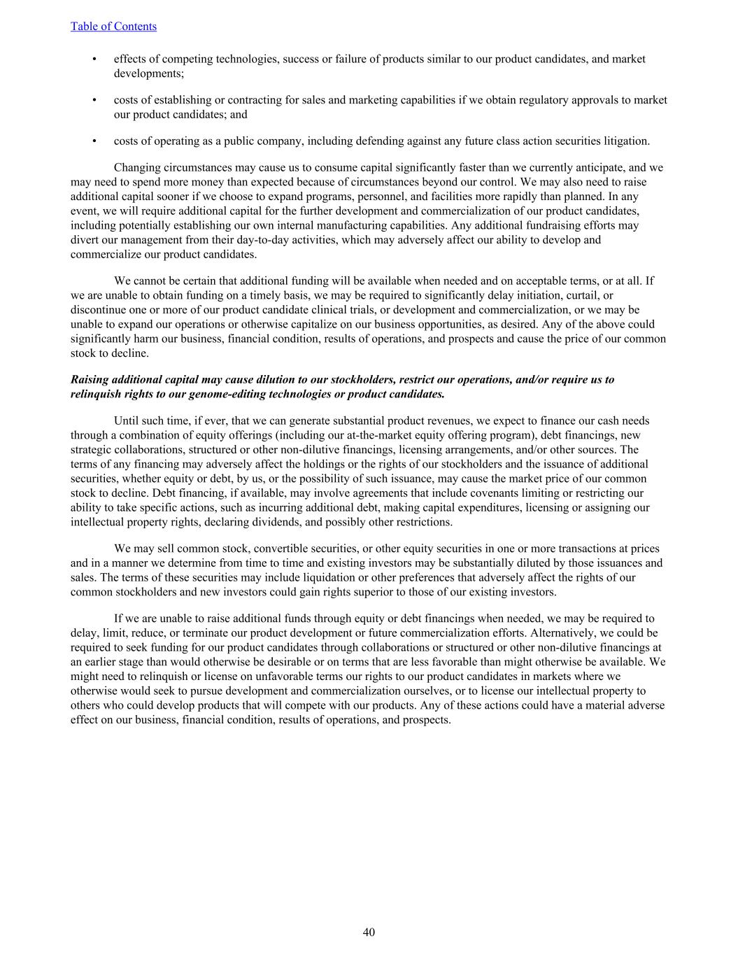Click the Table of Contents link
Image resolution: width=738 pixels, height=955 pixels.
click(113, 27)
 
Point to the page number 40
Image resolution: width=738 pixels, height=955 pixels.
click(369, 932)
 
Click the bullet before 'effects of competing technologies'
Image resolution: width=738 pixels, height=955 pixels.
click(94, 59)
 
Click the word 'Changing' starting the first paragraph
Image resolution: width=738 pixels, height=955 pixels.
click(136, 168)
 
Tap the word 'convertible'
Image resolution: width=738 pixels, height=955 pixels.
click(257, 549)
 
